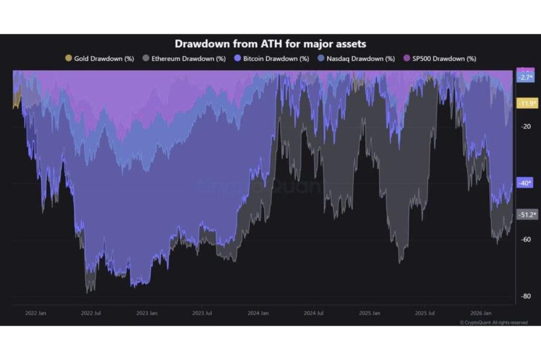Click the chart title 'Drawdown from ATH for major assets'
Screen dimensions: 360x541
point(270,44)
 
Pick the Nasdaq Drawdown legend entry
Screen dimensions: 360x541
point(357,59)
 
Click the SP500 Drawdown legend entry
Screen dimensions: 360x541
point(441,59)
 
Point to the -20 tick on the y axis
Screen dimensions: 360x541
point(526,127)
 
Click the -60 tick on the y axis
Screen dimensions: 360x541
point(526,240)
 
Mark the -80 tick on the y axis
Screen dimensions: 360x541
point(526,296)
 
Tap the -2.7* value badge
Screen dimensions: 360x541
point(526,78)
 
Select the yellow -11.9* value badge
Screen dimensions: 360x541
point(526,103)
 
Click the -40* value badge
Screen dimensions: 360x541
point(526,183)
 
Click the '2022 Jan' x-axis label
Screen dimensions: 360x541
point(36,313)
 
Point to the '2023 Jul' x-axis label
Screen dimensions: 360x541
point(202,313)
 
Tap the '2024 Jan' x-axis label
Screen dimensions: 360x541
point(258,313)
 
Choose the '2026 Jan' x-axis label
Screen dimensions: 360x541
point(480,313)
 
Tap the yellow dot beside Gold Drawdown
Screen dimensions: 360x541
point(69,59)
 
